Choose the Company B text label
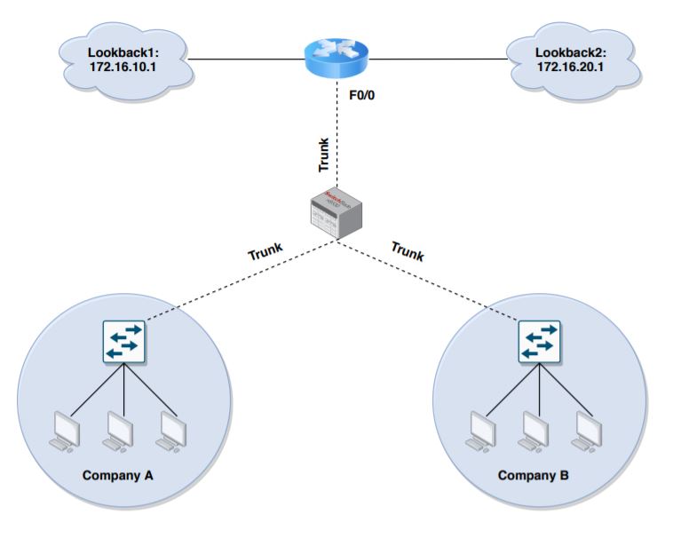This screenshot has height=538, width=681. pyautogui.click(x=533, y=475)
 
